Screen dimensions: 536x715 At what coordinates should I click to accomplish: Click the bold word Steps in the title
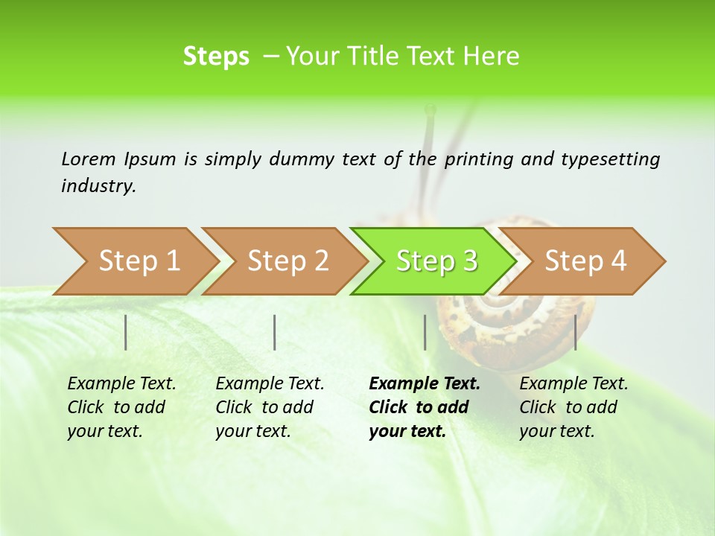(x=216, y=56)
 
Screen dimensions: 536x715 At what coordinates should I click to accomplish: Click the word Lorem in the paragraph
(x=89, y=159)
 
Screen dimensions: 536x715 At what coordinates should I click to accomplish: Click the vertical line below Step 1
(x=126, y=332)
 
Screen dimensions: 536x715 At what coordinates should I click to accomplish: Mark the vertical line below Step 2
(x=275, y=332)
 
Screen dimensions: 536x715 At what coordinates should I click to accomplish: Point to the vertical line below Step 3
(x=425, y=332)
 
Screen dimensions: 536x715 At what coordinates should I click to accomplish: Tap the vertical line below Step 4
(x=575, y=332)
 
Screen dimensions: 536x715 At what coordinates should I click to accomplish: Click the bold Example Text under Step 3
(x=425, y=383)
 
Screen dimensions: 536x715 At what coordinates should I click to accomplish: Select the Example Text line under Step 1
(x=121, y=383)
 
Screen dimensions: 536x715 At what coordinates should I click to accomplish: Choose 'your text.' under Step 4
(x=557, y=431)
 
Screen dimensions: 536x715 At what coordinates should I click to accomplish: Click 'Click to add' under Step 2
(x=264, y=407)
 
